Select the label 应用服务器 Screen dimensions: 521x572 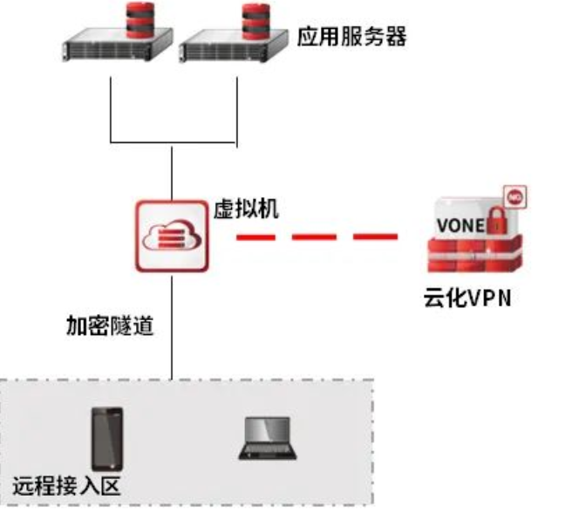click(352, 39)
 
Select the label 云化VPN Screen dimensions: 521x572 click(462, 299)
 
